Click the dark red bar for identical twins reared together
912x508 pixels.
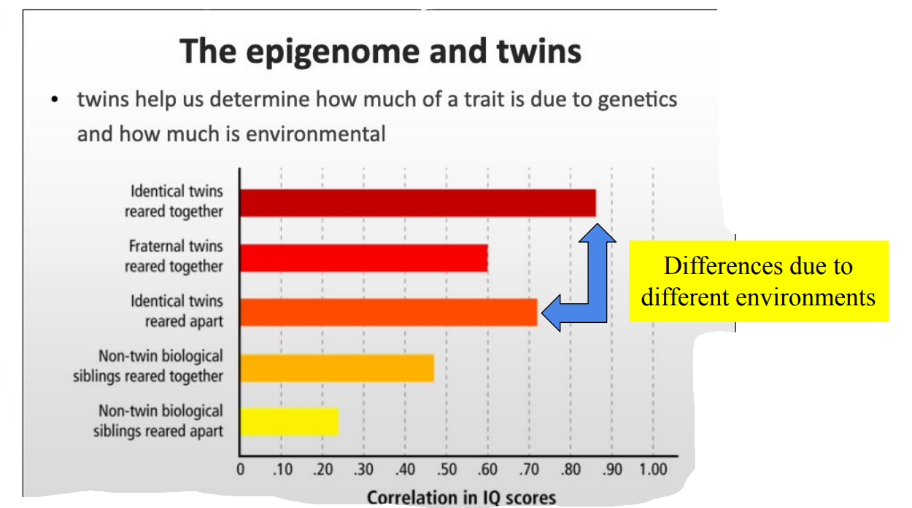pos(417,203)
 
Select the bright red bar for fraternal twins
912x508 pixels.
pos(363,258)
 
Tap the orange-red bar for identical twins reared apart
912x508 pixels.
pos(388,312)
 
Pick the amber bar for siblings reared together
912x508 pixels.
pos(336,367)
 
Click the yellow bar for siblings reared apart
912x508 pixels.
pos(289,422)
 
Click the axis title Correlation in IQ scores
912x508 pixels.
pos(461,498)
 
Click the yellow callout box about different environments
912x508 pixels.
pos(758,281)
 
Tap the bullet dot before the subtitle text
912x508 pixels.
pos(55,100)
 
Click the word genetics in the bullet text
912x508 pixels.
pos(637,100)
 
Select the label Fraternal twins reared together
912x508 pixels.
pos(174,257)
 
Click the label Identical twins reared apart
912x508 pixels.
pos(177,311)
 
